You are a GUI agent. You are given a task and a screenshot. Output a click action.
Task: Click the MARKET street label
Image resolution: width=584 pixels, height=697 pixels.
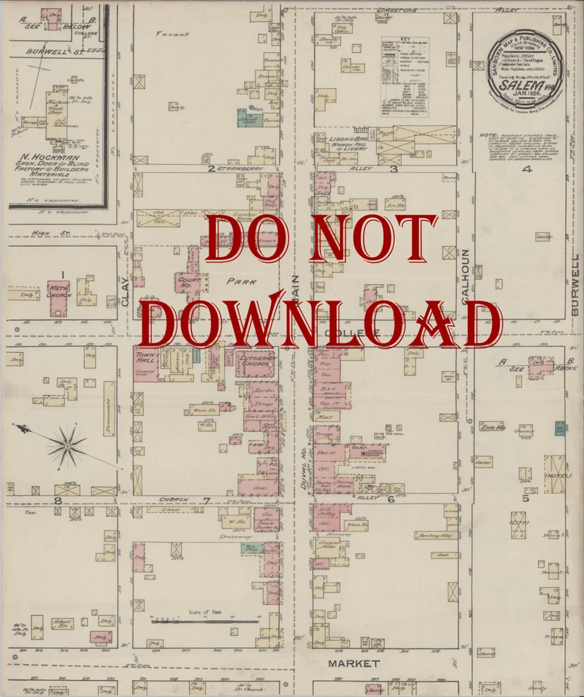point(354,664)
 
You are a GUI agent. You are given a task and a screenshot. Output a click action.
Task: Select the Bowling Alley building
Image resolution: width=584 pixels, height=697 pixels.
point(434,536)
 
